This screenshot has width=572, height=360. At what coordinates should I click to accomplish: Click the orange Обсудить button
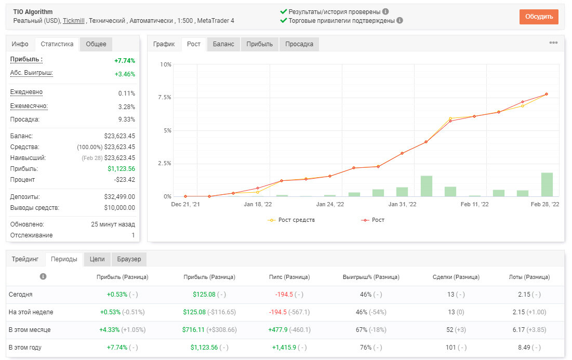click(x=539, y=17)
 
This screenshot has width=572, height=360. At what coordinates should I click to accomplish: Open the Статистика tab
click(x=57, y=44)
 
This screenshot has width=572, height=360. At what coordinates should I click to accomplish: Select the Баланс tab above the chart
click(x=223, y=44)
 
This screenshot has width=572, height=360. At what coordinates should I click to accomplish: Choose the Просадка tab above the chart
click(x=299, y=44)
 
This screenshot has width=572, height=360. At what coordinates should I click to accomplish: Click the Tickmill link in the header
click(x=74, y=21)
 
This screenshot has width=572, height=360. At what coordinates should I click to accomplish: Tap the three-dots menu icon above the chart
click(x=553, y=43)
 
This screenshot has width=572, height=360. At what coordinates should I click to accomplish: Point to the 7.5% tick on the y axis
click(x=165, y=97)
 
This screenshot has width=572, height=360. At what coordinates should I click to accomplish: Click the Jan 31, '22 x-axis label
click(x=402, y=204)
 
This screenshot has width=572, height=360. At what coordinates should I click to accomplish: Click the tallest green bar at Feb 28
click(x=547, y=184)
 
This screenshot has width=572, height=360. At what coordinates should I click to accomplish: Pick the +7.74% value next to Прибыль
click(x=125, y=61)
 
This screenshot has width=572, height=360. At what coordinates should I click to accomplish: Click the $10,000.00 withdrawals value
click(x=119, y=208)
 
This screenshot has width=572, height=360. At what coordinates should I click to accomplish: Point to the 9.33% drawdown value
click(x=127, y=119)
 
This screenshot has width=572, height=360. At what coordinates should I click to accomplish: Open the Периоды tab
click(x=64, y=259)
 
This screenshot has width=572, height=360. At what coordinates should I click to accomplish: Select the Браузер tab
click(x=129, y=259)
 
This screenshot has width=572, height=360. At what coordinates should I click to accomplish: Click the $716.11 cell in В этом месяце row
click(x=193, y=330)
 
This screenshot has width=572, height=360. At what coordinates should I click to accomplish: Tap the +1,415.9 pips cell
click(x=284, y=348)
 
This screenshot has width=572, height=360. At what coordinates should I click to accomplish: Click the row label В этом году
click(x=25, y=348)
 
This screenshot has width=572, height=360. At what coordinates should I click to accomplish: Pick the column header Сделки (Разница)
click(x=456, y=277)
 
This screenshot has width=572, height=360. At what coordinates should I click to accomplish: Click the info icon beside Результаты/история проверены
click(x=385, y=11)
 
